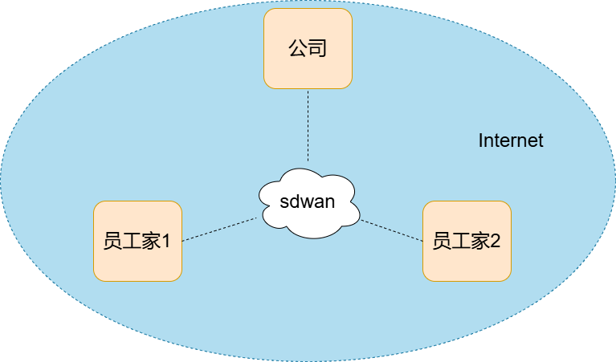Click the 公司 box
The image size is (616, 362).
pos(308,48)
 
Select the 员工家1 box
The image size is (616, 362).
pos(137,241)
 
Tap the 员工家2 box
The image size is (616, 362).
pos(467,241)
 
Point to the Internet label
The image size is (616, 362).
pos(511,140)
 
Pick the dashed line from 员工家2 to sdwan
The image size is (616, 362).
pos(391,230)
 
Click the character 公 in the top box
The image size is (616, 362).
pos(298,49)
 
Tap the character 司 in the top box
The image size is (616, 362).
pos(317,49)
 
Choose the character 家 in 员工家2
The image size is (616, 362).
pos(480,241)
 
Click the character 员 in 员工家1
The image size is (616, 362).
pos(112,241)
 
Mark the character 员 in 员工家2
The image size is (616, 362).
pos(442,241)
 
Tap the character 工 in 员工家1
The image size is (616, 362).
pos(132,241)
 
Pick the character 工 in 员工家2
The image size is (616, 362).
pos(461,241)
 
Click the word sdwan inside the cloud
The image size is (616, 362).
pos(308,201)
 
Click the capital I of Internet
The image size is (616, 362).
pos(481,140)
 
